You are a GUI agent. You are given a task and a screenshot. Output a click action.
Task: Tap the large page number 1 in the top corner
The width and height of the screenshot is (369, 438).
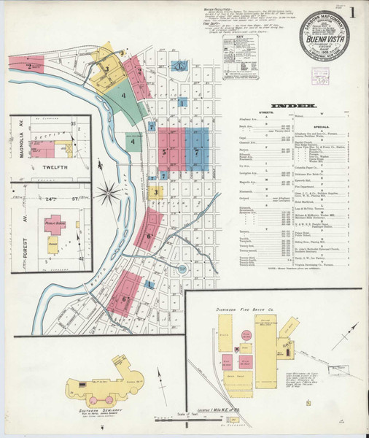[x=352, y=12]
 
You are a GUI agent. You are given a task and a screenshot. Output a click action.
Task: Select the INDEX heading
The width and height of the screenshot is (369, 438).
[x=293, y=107]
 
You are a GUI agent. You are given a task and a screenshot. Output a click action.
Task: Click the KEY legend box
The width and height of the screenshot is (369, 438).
[x=241, y=58]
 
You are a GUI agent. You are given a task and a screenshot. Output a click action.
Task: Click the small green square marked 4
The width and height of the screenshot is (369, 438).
[x=133, y=142]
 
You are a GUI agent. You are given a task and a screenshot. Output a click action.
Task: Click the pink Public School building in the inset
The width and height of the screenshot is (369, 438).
[x=53, y=223]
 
